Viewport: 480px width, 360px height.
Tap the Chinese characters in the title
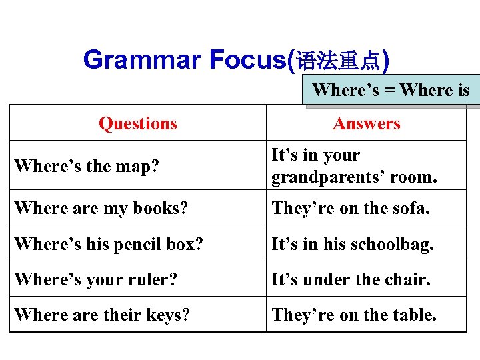coord(338,62)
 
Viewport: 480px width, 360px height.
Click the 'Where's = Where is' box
coord(391,90)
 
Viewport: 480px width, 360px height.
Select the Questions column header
coord(138,123)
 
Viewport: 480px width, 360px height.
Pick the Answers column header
coord(367,123)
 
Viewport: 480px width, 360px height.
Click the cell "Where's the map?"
coord(87,165)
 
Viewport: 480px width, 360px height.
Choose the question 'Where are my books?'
coord(101,208)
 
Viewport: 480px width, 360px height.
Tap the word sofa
coord(411,208)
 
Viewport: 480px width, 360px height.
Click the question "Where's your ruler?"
coord(95,279)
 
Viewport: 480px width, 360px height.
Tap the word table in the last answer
coord(414,314)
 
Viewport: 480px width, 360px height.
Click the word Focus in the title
coord(247,60)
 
